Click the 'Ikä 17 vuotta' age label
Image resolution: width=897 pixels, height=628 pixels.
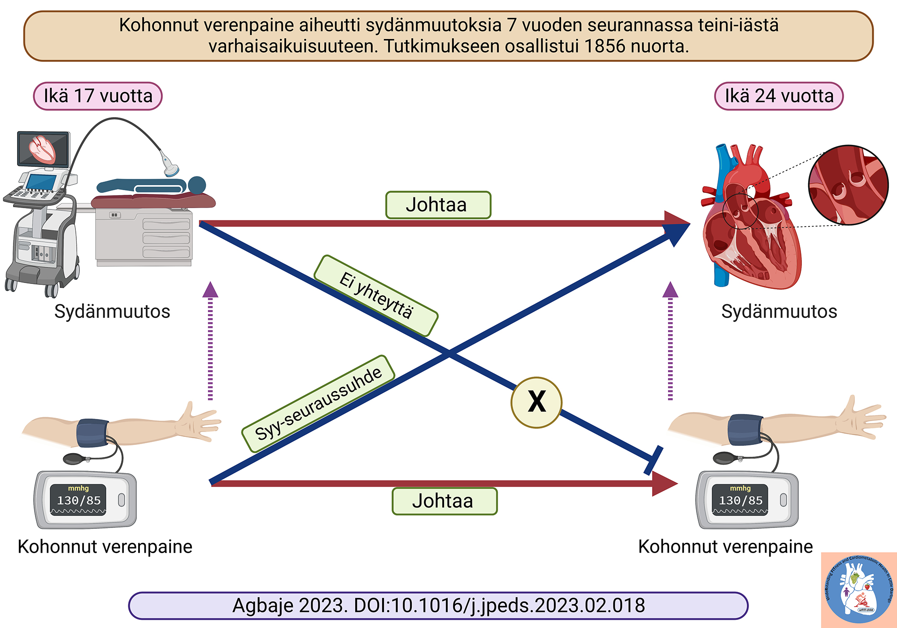(98, 96)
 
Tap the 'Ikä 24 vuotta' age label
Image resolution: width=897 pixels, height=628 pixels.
(779, 96)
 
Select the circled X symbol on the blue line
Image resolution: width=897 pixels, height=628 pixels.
(536, 402)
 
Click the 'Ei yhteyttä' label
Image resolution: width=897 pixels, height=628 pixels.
(376, 296)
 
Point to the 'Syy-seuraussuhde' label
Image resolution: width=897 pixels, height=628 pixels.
(318, 404)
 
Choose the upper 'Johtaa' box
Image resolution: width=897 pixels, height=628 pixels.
(438, 205)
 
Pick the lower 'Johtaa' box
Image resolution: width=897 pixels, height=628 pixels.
(444, 501)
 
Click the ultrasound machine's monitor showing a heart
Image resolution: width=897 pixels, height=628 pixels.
(43, 149)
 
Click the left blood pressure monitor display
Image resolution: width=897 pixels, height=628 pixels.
(78, 500)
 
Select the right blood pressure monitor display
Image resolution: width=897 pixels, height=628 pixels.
(740, 500)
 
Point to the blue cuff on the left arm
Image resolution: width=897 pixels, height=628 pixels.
(92, 433)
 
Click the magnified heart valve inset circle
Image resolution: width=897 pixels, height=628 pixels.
(848, 185)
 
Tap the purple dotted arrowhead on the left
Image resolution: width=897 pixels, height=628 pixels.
(210, 290)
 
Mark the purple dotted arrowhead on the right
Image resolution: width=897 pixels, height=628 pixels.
(670, 290)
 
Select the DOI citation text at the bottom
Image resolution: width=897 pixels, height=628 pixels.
(438, 606)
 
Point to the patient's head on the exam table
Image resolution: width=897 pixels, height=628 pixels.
(197, 185)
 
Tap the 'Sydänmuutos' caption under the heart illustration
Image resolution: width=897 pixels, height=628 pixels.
(779, 311)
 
